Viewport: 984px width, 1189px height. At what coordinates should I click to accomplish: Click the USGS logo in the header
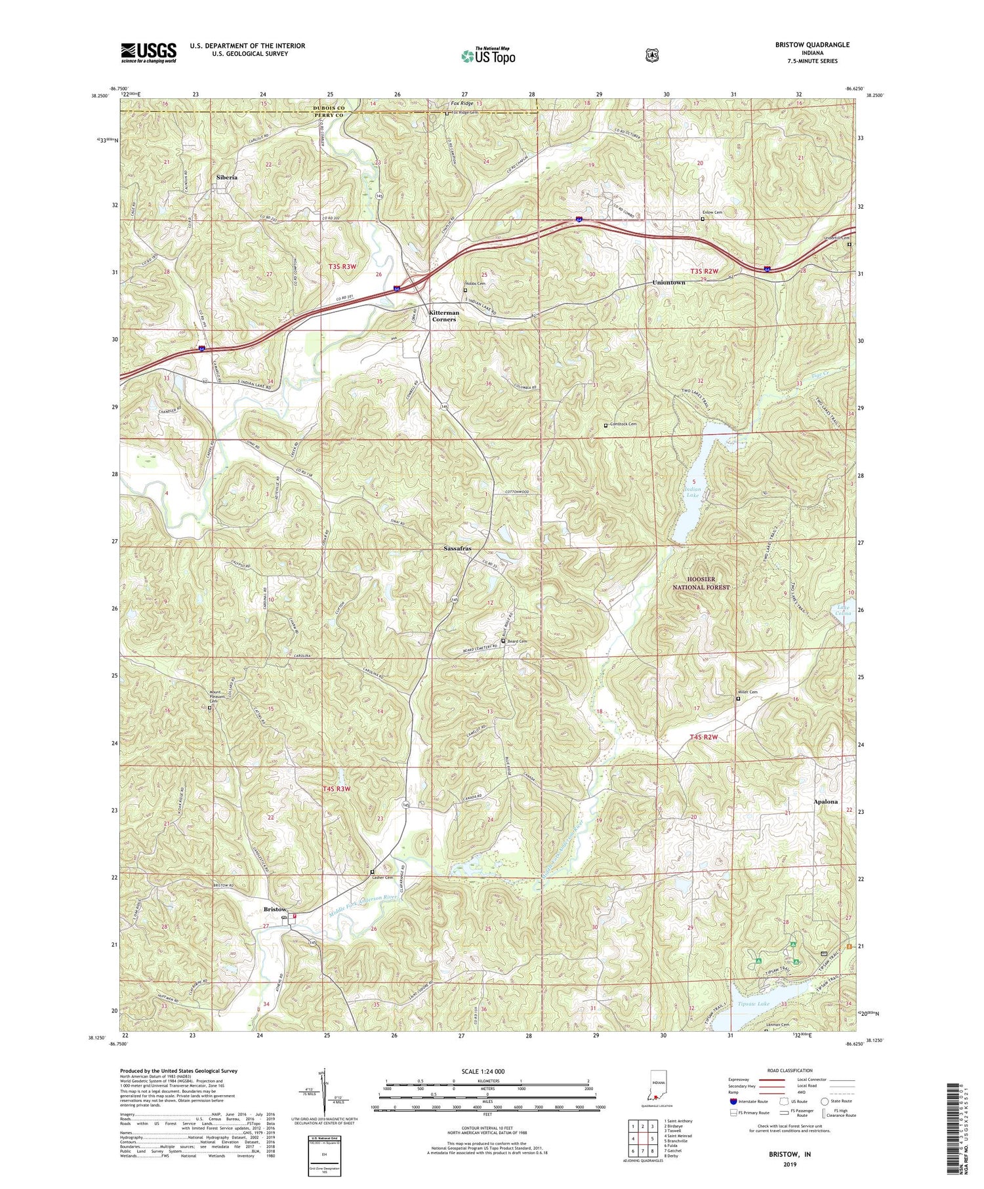coord(148,52)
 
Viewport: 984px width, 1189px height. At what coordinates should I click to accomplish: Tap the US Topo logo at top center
coord(488,56)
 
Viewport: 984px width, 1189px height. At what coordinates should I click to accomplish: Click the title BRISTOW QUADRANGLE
coord(811,45)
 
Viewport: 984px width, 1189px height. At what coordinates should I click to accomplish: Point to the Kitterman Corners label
coord(443,316)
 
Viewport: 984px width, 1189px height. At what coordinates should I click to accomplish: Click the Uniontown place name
coord(668,283)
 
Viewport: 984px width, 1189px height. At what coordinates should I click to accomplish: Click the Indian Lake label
coord(693,493)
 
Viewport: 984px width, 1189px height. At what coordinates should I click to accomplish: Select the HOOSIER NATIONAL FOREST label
coord(701,584)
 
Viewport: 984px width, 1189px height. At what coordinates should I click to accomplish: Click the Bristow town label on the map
coord(275,909)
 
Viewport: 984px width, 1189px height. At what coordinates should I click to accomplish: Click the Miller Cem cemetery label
coord(748,693)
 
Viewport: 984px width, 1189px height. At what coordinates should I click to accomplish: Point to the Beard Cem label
coord(516,641)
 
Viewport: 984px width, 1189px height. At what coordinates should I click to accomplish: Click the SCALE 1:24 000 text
coord(487,1072)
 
